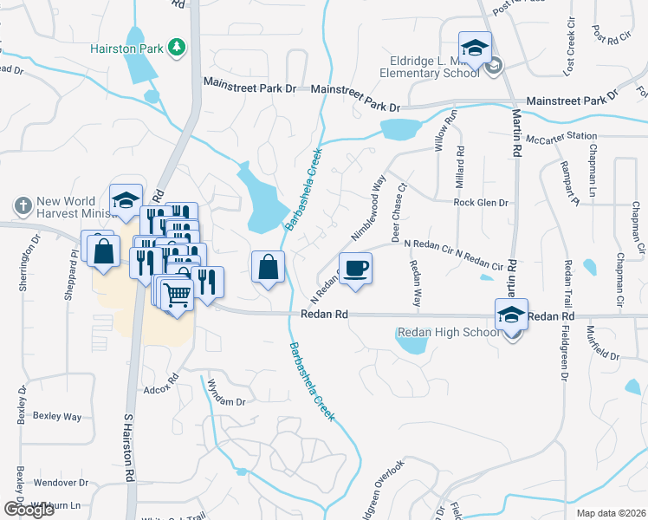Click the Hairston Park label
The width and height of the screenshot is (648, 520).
[127, 49]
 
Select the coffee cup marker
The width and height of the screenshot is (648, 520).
[355, 268]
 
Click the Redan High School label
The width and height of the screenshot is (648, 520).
[446, 333]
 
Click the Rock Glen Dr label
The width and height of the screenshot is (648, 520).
[480, 203]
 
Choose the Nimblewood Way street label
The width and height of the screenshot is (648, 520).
[368, 208]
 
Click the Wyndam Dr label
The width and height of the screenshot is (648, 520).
[224, 401]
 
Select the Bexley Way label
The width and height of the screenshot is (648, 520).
[57, 416]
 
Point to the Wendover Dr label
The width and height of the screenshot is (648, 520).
[61, 483]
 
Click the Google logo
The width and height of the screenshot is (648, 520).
[29, 510]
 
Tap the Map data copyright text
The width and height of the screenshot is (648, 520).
[611, 513]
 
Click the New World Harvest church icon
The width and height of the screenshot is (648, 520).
[23, 207]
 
